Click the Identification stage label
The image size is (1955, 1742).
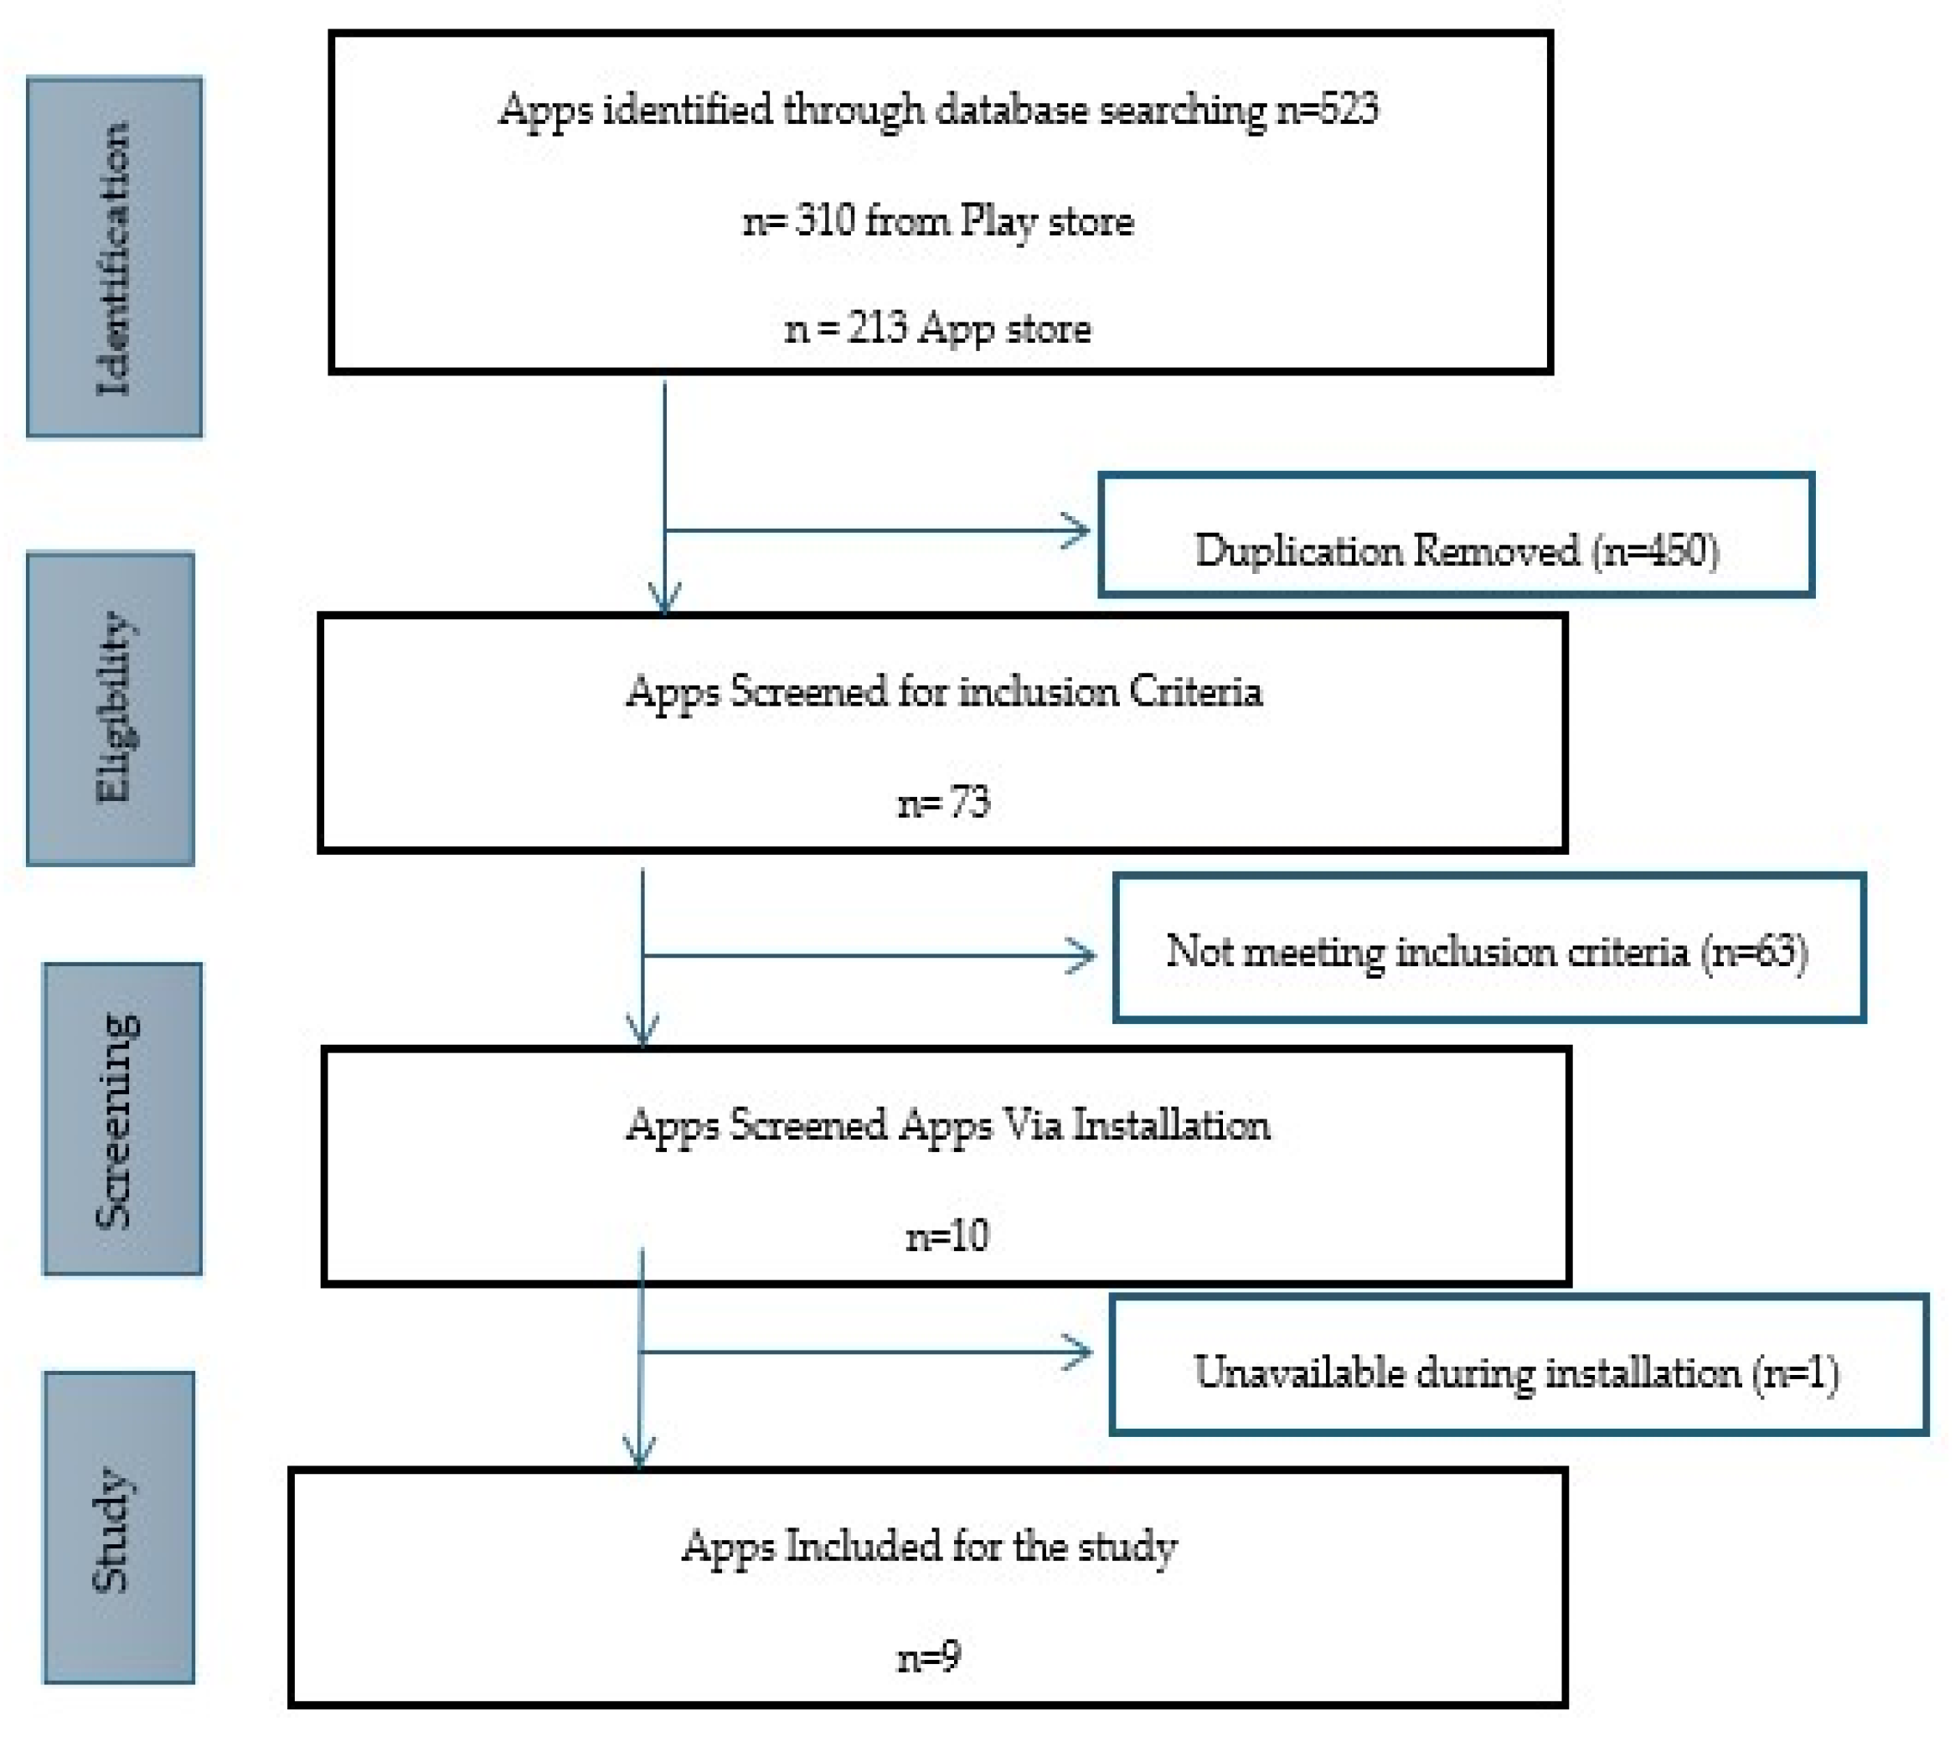(114, 256)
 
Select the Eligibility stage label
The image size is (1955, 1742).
(111, 708)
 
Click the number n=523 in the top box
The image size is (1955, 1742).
(1328, 110)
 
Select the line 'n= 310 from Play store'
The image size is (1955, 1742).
(938, 222)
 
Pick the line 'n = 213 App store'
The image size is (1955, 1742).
(938, 329)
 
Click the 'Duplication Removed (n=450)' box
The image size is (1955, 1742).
(1456, 551)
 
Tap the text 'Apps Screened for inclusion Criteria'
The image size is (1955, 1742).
(943, 691)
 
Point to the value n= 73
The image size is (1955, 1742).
(943, 802)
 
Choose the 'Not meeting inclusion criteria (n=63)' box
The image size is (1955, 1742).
(1488, 951)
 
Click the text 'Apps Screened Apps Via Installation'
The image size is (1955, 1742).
(947, 1124)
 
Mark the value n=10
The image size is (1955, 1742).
(947, 1237)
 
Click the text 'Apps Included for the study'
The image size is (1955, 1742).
(928, 1546)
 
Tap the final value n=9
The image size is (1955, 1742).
(928, 1656)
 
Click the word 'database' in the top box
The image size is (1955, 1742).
(1012, 110)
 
